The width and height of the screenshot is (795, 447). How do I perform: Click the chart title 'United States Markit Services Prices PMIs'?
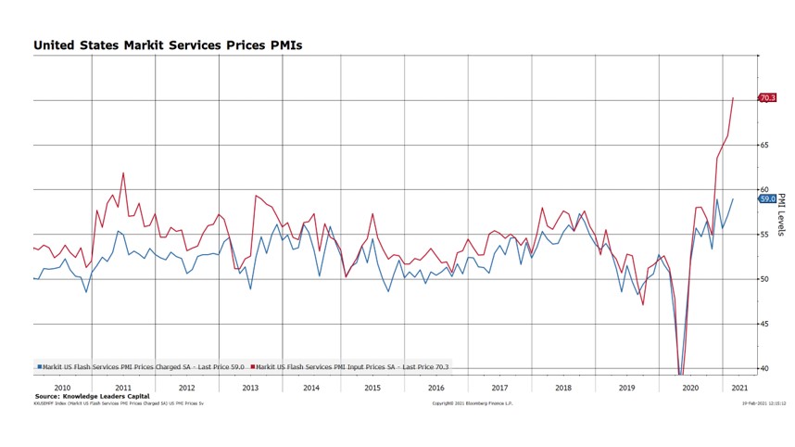pyautogui.click(x=168, y=45)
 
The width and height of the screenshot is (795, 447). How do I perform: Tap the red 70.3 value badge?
pyautogui.click(x=767, y=97)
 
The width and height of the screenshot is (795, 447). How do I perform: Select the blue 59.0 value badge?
pyautogui.click(x=767, y=198)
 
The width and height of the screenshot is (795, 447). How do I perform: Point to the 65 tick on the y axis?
pyautogui.click(x=765, y=146)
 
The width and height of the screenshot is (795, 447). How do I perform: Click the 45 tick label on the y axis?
pyautogui.click(x=765, y=324)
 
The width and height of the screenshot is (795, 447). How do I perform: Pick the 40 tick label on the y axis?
pyautogui.click(x=765, y=368)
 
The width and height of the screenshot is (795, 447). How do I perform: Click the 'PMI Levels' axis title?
pyautogui.click(x=781, y=214)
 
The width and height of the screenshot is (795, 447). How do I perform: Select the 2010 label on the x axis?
pyautogui.click(x=62, y=388)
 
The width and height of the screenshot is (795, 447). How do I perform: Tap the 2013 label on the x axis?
pyautogui.click(x=250, y=388)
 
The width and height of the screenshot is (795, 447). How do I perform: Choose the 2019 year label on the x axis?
pyautogui.click(x=626, y=388)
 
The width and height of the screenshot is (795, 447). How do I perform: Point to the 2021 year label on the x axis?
pyautogui.click(x=741, y=388)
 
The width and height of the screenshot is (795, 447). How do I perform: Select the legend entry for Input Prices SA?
pyautogui.click(x=352, y=367)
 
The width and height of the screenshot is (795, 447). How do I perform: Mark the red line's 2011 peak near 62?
pyautogui.click(x=123, y=172)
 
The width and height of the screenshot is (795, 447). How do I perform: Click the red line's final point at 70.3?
pyautogui.click(x=733, y=97)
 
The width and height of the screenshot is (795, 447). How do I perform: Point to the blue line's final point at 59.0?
pyautogui.click(x=733, y=198)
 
